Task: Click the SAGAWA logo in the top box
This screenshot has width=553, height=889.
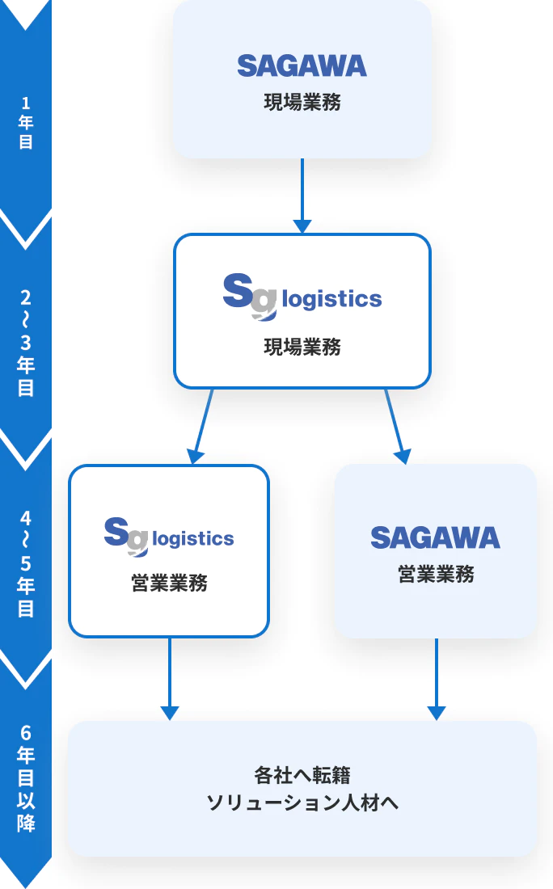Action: tap(302, 65)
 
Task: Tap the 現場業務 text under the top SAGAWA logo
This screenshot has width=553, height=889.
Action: tap(302, 103)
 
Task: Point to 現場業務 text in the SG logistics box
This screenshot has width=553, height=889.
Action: tap(302, 348)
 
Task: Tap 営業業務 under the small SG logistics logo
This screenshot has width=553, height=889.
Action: tap(169, 584)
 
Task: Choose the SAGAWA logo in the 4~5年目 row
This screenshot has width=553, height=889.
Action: tap(435, 537)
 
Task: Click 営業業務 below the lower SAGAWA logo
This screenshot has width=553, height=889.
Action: tap(436, 575)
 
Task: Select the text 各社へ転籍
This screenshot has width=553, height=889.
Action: tap(302, 776)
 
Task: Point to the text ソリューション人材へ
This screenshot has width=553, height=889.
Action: tap(302, 803)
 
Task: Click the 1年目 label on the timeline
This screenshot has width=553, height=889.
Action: tap(26, 123)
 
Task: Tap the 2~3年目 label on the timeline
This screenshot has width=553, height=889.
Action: tap(26, 342)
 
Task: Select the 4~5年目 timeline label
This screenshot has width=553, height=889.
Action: tap(26, 563)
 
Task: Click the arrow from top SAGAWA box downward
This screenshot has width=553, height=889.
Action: tap(302, 195)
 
